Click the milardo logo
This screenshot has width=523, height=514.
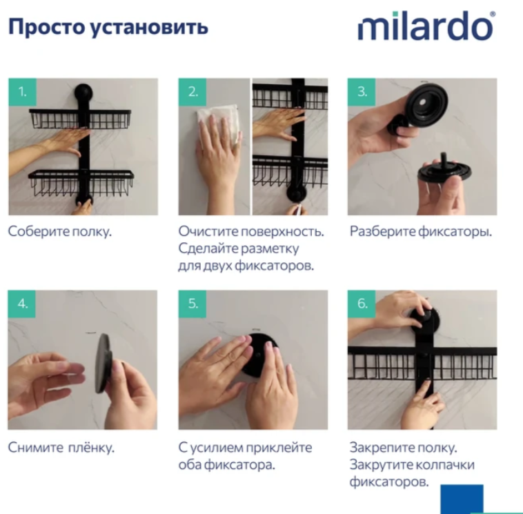click(x=426, y=26)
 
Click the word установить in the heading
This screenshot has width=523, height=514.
click(x=150, y=28)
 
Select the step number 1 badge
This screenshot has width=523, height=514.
click(x=22, y=92)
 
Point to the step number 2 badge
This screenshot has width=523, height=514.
click(x=193, y=92)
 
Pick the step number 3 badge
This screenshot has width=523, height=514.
click(x=362, y=92)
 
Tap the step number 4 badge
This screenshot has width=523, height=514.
click(x=21, y=304)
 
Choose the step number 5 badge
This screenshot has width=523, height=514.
click(x=193, y=304)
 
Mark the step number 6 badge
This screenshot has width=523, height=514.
click(x=362, y=304)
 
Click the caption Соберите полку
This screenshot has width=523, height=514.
click(x=60, y=232)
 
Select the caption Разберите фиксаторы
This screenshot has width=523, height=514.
click(x=421, y=232)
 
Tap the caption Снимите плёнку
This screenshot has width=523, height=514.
click(x=61, y=448)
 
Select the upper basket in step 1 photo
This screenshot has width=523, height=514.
click(x=80, y=119)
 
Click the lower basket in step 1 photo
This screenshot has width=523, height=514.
click(x=81, y=184)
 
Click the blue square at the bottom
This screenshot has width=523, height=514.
click(x=462, y=499)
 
